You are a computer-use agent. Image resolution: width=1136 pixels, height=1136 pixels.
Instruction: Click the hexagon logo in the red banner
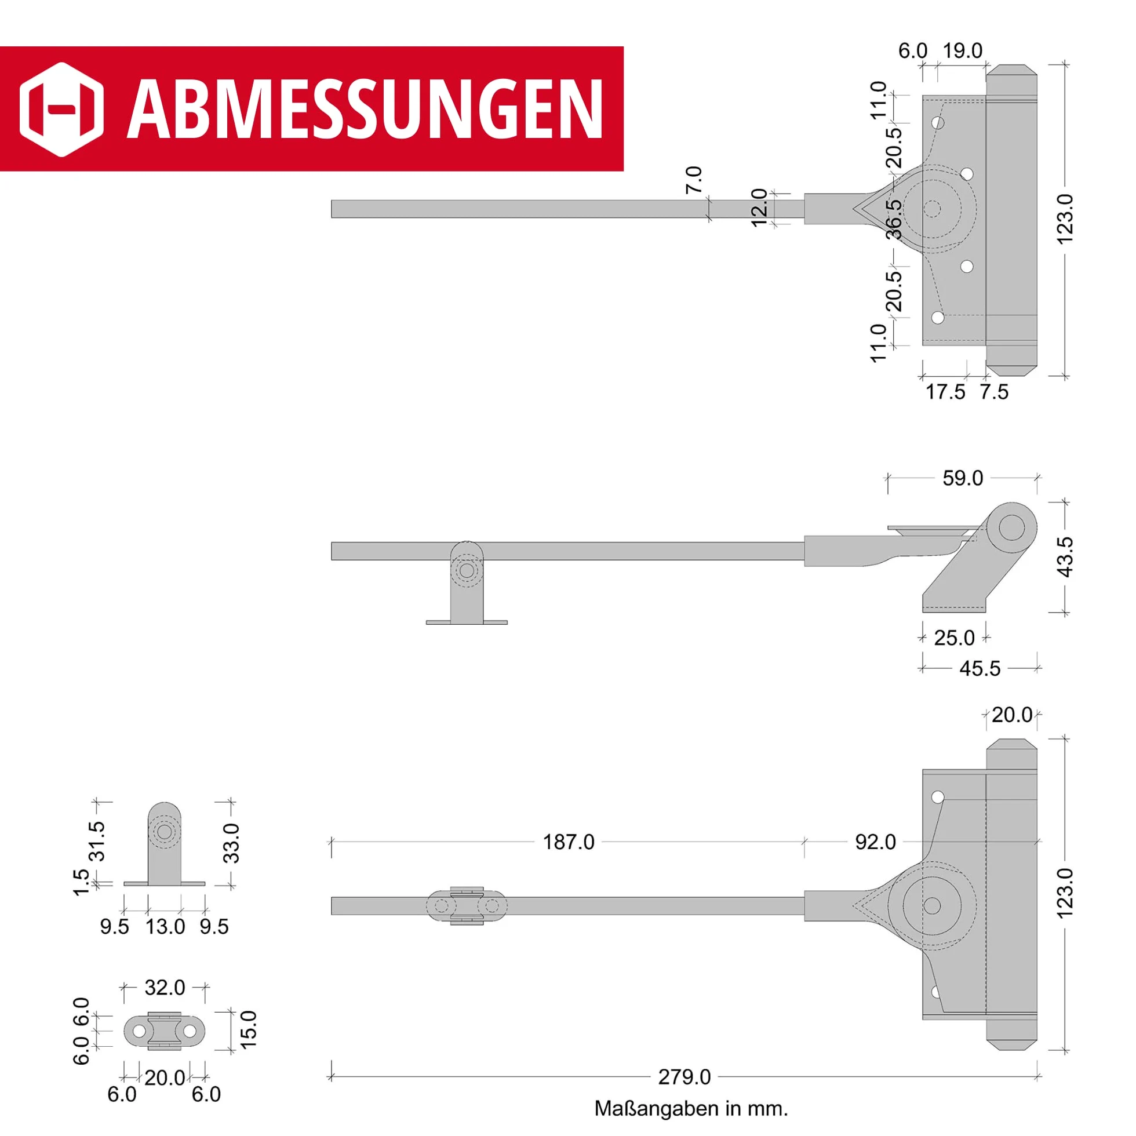click(62, 110)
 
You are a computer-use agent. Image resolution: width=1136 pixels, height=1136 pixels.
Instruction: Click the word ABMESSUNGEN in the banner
click(365, 110)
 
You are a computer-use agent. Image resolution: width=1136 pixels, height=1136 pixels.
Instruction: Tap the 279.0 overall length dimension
click(684, 1077)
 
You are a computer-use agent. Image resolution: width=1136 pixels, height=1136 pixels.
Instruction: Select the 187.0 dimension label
click(569, 842)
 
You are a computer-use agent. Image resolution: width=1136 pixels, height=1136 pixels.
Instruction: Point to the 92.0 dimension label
click(876, 842)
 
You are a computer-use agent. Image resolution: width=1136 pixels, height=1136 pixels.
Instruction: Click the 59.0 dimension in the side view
click(963, 478)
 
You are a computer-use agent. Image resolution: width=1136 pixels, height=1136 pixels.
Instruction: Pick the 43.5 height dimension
click(1065, 557)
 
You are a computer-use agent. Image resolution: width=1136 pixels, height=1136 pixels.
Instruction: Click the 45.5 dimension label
click(980, 668)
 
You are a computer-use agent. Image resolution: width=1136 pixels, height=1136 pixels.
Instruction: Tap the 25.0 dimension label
click(955, 638)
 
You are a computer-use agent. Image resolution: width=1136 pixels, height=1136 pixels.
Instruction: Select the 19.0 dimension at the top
click(963, 50)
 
